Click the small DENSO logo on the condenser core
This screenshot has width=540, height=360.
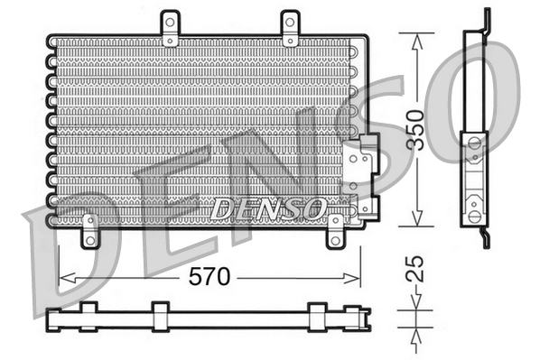267,208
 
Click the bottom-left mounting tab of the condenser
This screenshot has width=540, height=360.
89,231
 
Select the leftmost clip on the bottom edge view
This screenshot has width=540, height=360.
88,316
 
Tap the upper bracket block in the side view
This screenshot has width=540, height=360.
474,150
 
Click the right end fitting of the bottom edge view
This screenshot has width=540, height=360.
358,317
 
